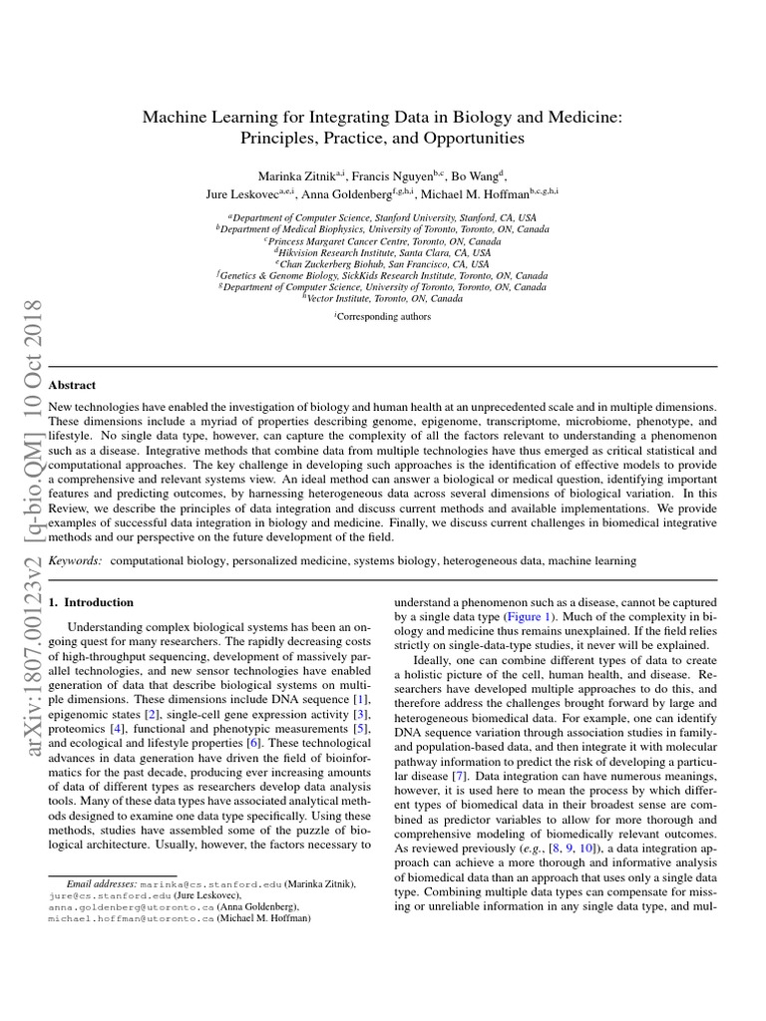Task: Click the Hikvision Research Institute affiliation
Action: pyautogui.click(x=383, y=253)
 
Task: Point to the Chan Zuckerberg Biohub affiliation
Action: pyautogui.click(x=383, y=264)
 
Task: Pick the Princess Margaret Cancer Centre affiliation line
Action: pyautogui.click(x=383, y=241)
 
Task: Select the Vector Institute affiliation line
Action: pyautogui.click(x=383, y=298)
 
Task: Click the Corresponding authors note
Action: pyautogui.click(x=383, y=317)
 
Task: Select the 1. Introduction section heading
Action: pyautogui.click(x=91, y=602)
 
